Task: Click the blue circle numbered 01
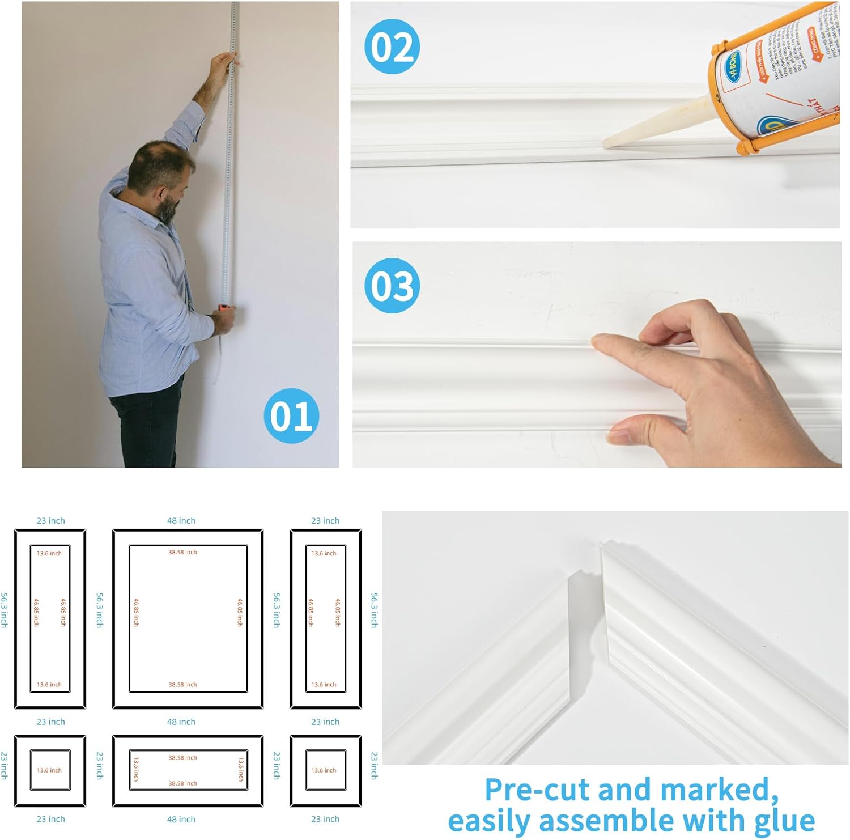(x=291, y=415)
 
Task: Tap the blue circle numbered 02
(x=392, y=46)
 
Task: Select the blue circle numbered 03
(x=392, y=285)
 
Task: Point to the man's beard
(x=166, y=210)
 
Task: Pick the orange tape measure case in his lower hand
(x=225, y=307)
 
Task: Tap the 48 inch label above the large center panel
(x=181, y=520)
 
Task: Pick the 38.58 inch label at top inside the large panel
(x=182, y=552)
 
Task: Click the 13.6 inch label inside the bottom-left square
(x=49, y=770)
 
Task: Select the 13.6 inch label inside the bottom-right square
(x=324, y=770)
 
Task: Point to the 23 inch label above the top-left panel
(x=50, y=520)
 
